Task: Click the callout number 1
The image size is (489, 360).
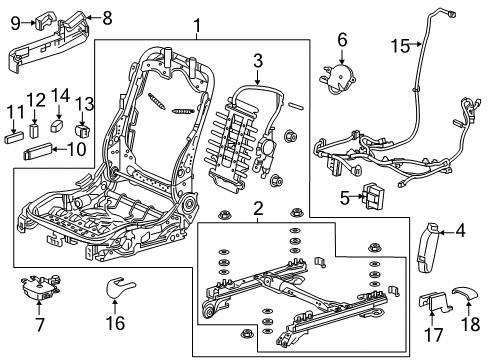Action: coord(198,27)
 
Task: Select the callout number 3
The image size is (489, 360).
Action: coord(257,62)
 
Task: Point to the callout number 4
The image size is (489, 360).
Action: coord(460,232)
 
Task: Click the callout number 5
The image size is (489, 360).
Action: coord(345,196)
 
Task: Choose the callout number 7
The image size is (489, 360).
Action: coord(39,324)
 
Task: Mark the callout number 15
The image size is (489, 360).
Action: coord(400,45)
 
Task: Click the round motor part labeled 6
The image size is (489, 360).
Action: coord(344,73)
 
